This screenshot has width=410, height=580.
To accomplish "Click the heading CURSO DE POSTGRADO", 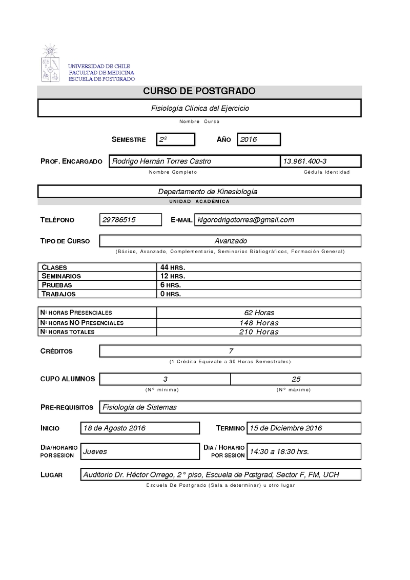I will tap(199, 92).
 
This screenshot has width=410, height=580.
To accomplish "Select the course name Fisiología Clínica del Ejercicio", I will tap(200, 109).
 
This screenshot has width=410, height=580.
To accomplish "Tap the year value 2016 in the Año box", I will tap(249, 139).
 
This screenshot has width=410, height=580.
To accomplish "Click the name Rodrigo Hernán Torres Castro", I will tap(161, 161).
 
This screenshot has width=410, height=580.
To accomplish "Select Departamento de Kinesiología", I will tap(208, 192).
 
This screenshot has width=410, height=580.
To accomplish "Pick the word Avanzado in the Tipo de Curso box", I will tap(231, 241).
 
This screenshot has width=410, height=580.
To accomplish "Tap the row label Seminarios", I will tap(61, 276).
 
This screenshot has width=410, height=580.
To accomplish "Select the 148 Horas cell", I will tap(259, 323).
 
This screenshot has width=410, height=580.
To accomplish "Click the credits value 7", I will tap(231, 351).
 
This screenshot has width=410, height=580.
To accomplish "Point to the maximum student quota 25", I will tap(296, 379).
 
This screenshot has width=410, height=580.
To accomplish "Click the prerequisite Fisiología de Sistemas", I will tap(140, 407).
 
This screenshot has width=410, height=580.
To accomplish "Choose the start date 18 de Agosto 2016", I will tap(114, 428).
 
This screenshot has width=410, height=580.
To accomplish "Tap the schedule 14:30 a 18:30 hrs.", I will tap(279, 451).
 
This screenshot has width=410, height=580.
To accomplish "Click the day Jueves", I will tap(95, 451).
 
